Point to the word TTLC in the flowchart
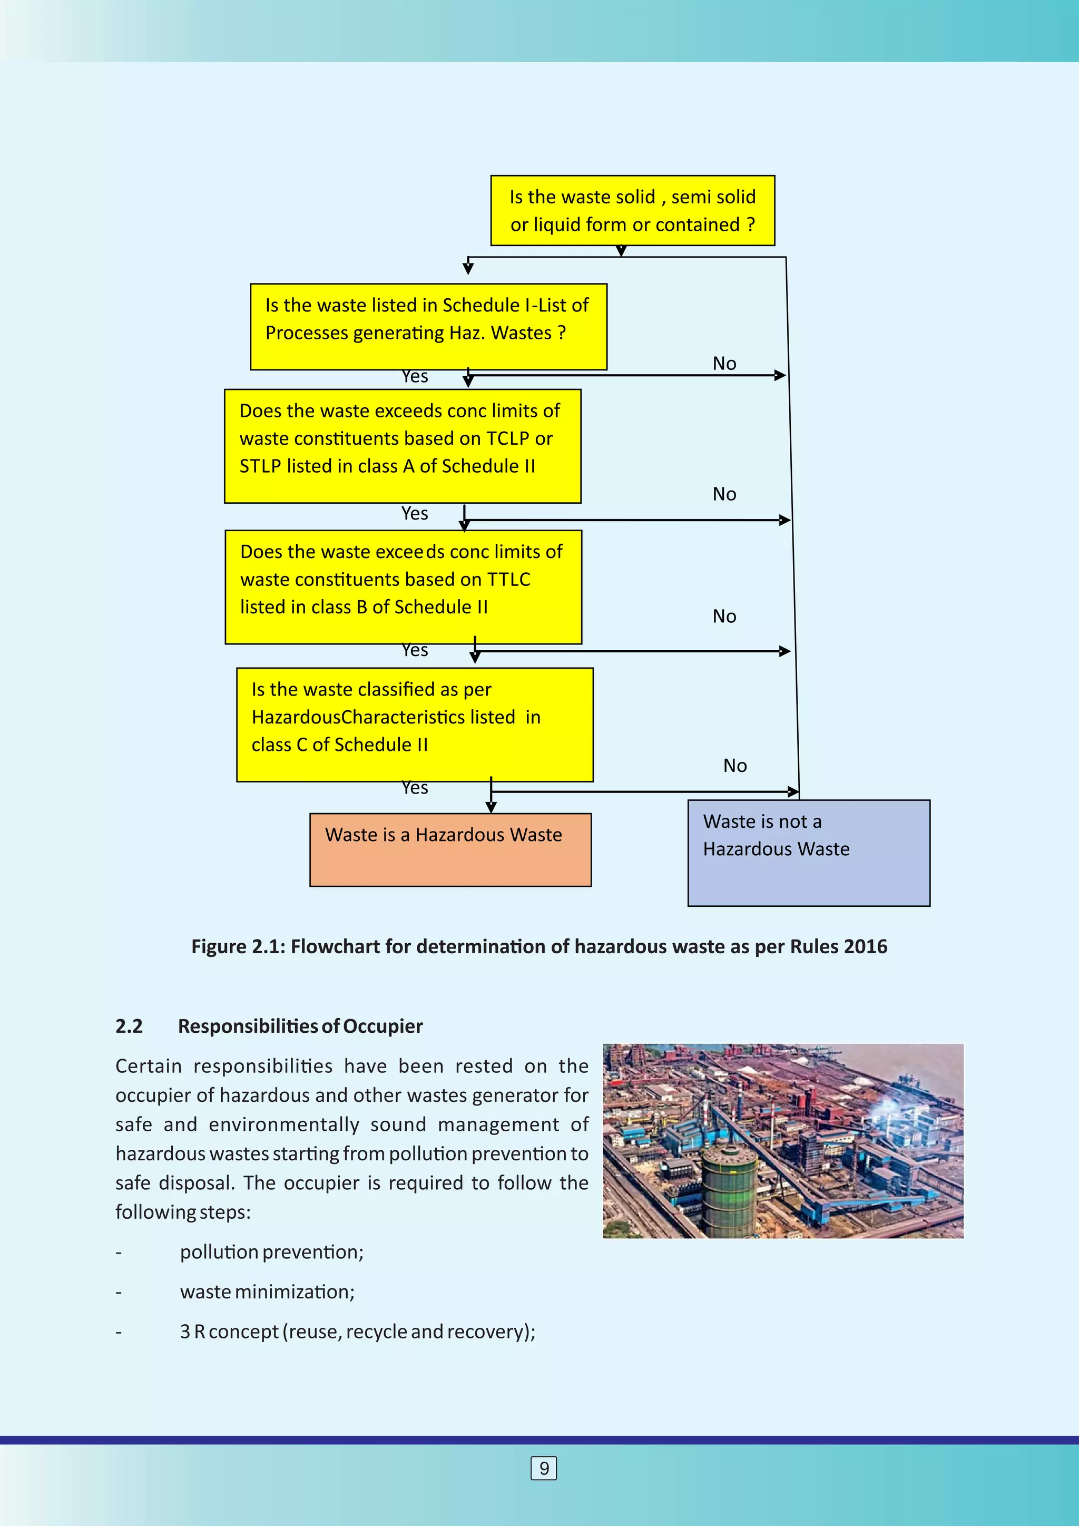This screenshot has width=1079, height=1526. [x=508, y=580]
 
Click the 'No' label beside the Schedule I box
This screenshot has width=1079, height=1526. [x=724, y=364]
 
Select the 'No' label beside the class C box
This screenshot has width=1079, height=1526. [x=735, y=766]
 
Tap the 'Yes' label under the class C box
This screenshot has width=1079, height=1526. [x=415, y=788]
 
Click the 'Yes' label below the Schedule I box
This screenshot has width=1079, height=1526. [x=415, y=377]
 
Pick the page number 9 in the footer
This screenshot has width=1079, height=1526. [x=544, y=1468]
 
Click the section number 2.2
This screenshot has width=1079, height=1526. [x=129, y=1026]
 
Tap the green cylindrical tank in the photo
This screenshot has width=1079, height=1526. [x=729, y=1188]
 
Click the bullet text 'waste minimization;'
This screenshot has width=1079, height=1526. [x=267, y=1292]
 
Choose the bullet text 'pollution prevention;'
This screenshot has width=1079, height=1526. [x=271, y=1251]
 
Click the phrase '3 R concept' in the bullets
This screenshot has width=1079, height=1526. [x=229, y=1331]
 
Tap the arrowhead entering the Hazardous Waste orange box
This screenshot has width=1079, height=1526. [x=491, y=808]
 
